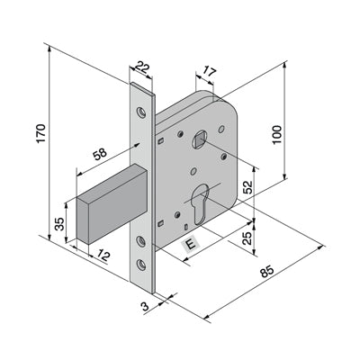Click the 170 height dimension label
coord(40,133)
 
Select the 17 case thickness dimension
coord(209,72)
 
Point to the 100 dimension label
coord(277,135)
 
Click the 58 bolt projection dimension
coord(100,154)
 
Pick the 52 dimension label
coord(247,187)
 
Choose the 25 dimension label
coord(247,238)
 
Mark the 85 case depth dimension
coord(266,272)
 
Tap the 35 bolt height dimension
coord(59,224)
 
